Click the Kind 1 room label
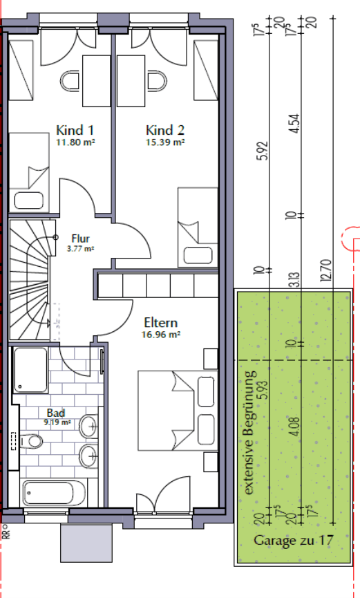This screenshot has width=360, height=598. [75, 130]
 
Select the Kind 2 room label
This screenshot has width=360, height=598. [165, 130]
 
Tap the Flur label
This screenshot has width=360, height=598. [82, 239]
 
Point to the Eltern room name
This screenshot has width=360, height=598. [161, 322]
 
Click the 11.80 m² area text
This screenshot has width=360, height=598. [75, 142]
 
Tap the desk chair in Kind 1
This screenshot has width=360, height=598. [72, 81]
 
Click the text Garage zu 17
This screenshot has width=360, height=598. [293, 541]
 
